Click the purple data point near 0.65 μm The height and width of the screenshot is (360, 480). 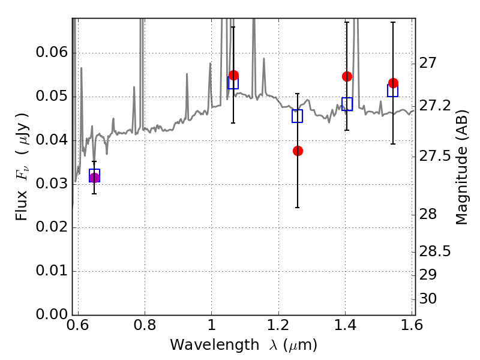coord(94,178)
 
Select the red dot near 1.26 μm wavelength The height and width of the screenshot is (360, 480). coord(298,151)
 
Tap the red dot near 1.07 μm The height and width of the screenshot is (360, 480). coord(234,76)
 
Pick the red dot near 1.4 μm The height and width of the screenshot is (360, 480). coord(347,77)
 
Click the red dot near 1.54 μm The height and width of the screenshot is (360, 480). coord(394,83)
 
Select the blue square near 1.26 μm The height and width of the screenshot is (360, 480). coord(297,116)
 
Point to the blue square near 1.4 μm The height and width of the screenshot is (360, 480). coord(347,104)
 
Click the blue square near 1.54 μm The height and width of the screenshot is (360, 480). coord(393,91)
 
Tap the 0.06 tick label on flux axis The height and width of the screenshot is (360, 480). coord(52,52)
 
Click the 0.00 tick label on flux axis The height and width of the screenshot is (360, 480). coord(52,314)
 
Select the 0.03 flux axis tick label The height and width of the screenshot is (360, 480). coord(52,184)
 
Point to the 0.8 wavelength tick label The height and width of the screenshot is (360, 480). coord(145,325)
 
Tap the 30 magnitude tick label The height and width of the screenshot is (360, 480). coord(428,299)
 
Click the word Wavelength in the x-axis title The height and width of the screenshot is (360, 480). coord(215,345)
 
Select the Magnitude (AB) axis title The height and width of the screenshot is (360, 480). coord(461,167)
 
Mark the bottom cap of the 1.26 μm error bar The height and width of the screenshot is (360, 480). coord(297,208)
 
